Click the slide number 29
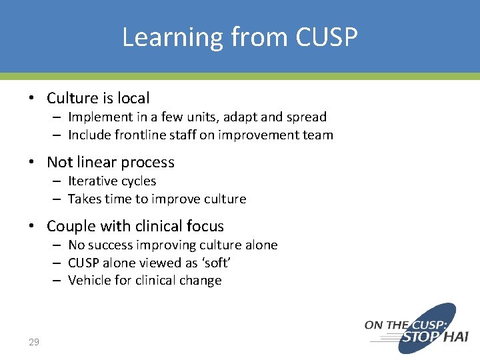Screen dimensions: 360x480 point(34,342)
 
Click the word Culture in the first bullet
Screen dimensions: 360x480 point(73,98)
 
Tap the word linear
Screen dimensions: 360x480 point(95,162)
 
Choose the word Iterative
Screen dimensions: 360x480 point(92,181)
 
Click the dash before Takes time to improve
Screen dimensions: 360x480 point(58,199)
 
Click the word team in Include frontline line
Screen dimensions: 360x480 point(318,135)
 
